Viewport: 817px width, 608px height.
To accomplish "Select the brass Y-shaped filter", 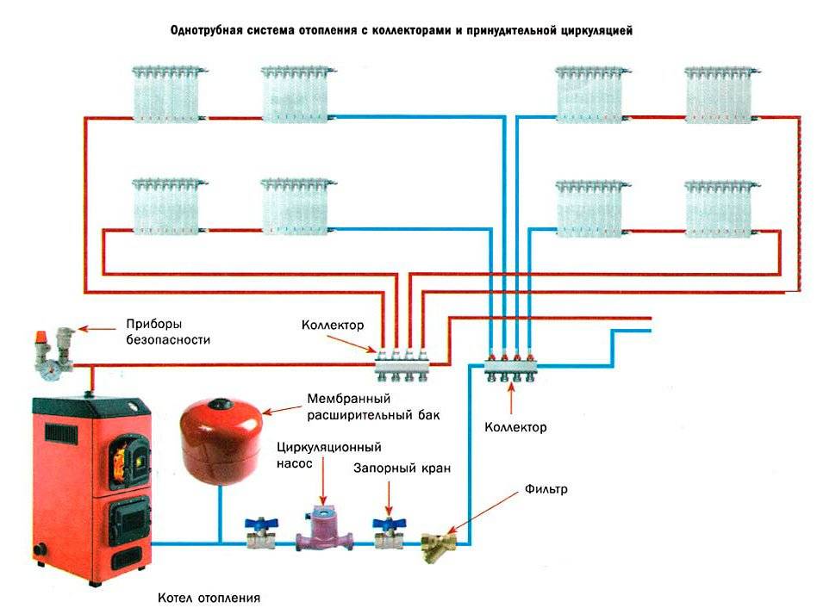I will point(440,545).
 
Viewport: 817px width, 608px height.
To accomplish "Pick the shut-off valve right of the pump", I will point(387,534).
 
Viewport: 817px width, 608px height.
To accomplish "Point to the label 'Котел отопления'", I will point(209,597).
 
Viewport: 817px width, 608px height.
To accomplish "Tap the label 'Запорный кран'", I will point(402,468).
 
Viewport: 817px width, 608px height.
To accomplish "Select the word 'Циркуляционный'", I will point(328,447).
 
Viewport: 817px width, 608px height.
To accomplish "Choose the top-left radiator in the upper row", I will point(169,93).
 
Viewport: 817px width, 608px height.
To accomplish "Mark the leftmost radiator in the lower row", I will point(169,206).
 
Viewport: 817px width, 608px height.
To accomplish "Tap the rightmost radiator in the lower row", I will point(722,207).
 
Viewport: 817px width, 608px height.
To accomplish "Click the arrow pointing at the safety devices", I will point(100,327).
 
